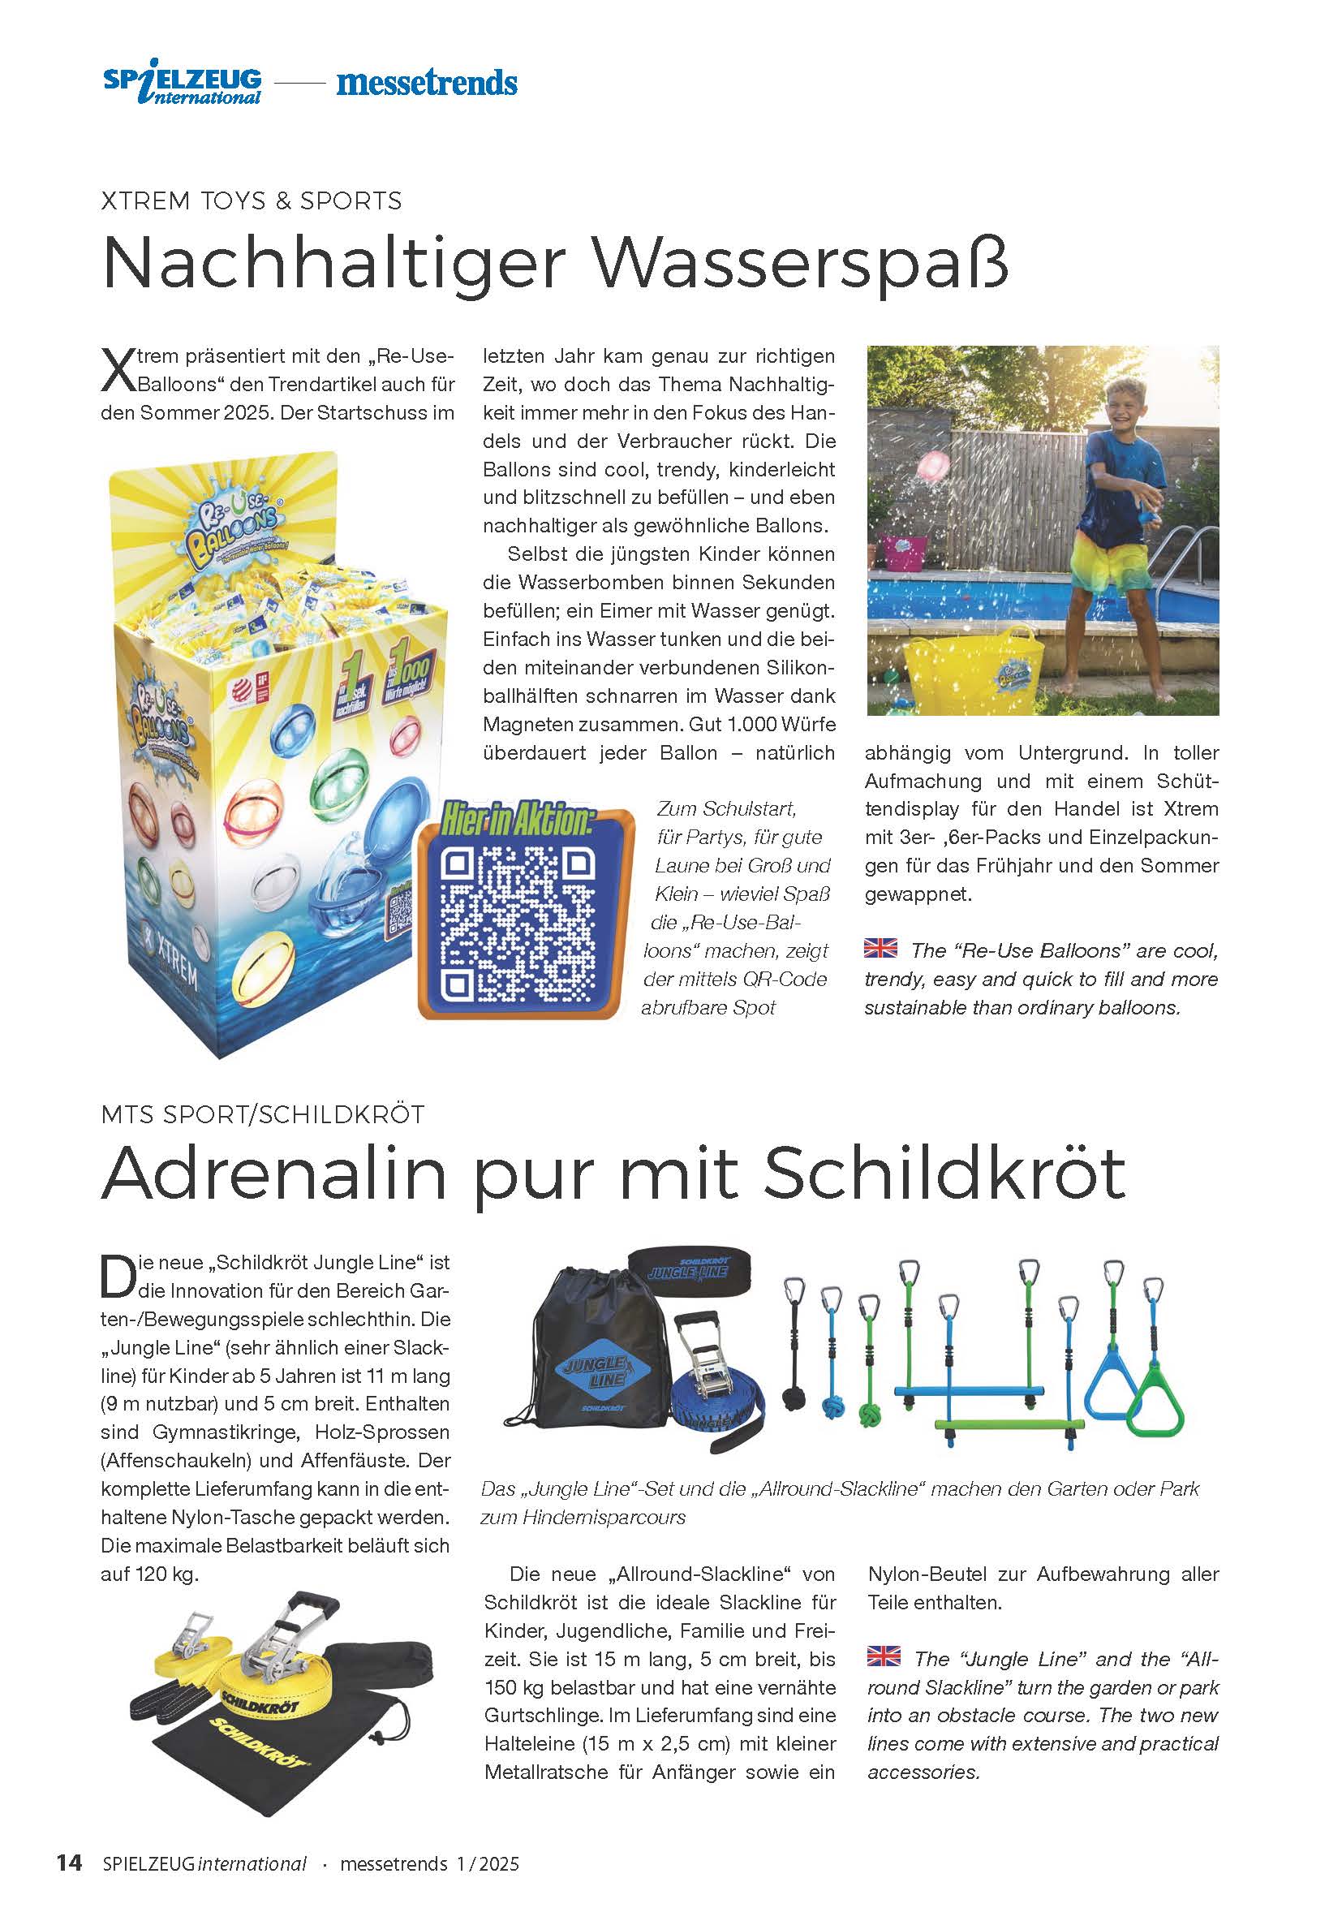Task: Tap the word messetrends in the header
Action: (x=426, y=83)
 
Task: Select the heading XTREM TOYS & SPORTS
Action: (x=251, y=201)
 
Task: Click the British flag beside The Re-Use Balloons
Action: (x=880, y=947)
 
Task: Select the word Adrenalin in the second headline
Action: (x=273, y=1174)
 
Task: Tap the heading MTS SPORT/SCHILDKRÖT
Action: (x=263, y=1114)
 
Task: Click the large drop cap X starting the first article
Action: (x=117, y=371)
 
